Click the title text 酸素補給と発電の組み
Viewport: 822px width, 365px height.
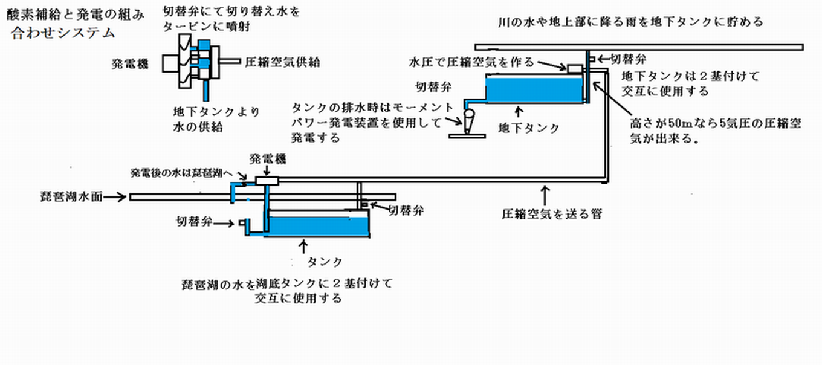(x=75, y=15)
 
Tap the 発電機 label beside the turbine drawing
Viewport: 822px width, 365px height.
(x=130, y=64)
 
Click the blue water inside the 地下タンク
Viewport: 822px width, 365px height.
(x=534, y=89)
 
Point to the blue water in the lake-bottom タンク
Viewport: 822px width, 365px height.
(x=318, y=226)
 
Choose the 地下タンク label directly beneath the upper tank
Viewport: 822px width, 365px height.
(x=529, y=128)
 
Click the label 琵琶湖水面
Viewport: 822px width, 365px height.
(x=71, y=196)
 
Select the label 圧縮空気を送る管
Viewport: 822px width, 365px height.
(x=552, y=214)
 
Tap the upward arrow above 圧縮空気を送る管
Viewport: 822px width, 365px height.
(x=545, y=195)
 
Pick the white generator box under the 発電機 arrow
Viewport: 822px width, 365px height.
(x=267, y=181)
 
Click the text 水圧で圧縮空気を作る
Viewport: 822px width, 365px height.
(x=471, y=62)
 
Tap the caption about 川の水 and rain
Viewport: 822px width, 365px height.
(x=630, y=22)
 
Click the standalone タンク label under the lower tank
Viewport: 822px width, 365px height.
(x=325, y=262)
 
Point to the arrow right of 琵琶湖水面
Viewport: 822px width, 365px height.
(x=115, y=197)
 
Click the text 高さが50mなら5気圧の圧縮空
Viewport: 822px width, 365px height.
(x=716, y=123)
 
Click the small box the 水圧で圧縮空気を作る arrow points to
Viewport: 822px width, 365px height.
(x=575, y=69)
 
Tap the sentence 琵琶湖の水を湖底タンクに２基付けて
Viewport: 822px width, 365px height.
(x=287, y=284)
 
